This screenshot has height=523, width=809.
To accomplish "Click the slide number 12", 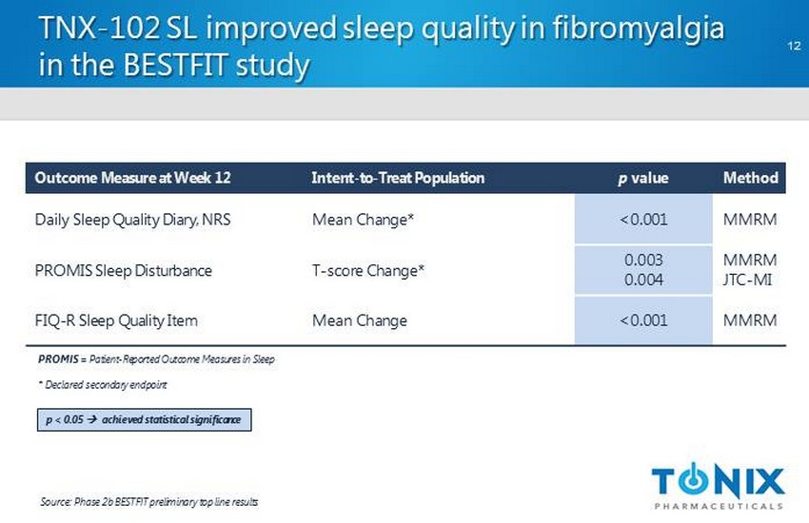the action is click(794, 46).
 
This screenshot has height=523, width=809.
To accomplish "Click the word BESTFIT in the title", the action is click(175, 66).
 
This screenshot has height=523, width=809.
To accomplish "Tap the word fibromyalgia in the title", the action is click(639, 29).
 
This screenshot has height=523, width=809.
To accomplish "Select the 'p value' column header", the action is click(643, 178).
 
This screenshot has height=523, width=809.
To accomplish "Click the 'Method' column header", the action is click(751, 178).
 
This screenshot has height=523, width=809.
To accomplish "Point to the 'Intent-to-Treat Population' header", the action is click(398, 178).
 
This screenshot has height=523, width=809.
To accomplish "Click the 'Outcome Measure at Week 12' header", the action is click(132, 178).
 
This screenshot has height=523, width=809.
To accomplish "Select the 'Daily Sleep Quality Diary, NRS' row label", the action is click(132, 220).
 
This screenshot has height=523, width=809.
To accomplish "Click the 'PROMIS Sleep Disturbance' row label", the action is click(124, 270).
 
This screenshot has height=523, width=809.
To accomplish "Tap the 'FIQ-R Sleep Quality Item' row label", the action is click(116, 320).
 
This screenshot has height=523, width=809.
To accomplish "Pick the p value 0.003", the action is click(643, 260).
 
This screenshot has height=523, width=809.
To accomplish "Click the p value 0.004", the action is click(643, 280).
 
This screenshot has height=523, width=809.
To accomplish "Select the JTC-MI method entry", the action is click(747, 280).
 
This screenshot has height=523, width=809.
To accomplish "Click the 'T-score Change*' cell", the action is click(368, 270).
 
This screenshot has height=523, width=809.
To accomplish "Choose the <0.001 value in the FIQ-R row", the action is click(643, 320).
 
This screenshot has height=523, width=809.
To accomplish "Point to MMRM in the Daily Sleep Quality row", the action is click(750, 220).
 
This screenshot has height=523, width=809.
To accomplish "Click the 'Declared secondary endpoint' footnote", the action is click(103, 385).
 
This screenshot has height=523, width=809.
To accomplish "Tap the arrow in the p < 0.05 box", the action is click(92, 419).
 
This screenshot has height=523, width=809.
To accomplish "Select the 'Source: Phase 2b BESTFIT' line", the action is click(149, 502).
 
